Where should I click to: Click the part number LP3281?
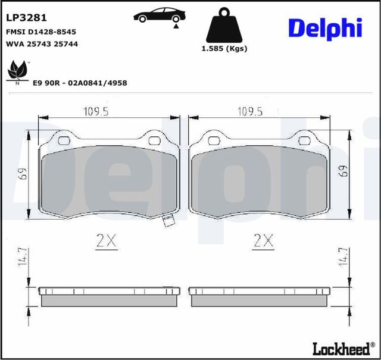(x=27, y=18)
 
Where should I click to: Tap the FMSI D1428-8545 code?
(x=41, y=32)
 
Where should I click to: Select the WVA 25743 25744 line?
(x=42, y=44)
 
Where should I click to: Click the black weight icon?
(x=224, y=26)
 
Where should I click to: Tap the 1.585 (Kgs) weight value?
(x=224, y=48)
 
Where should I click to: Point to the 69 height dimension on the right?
(x=342, y=171)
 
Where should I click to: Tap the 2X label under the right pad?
(x=263, y=241)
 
